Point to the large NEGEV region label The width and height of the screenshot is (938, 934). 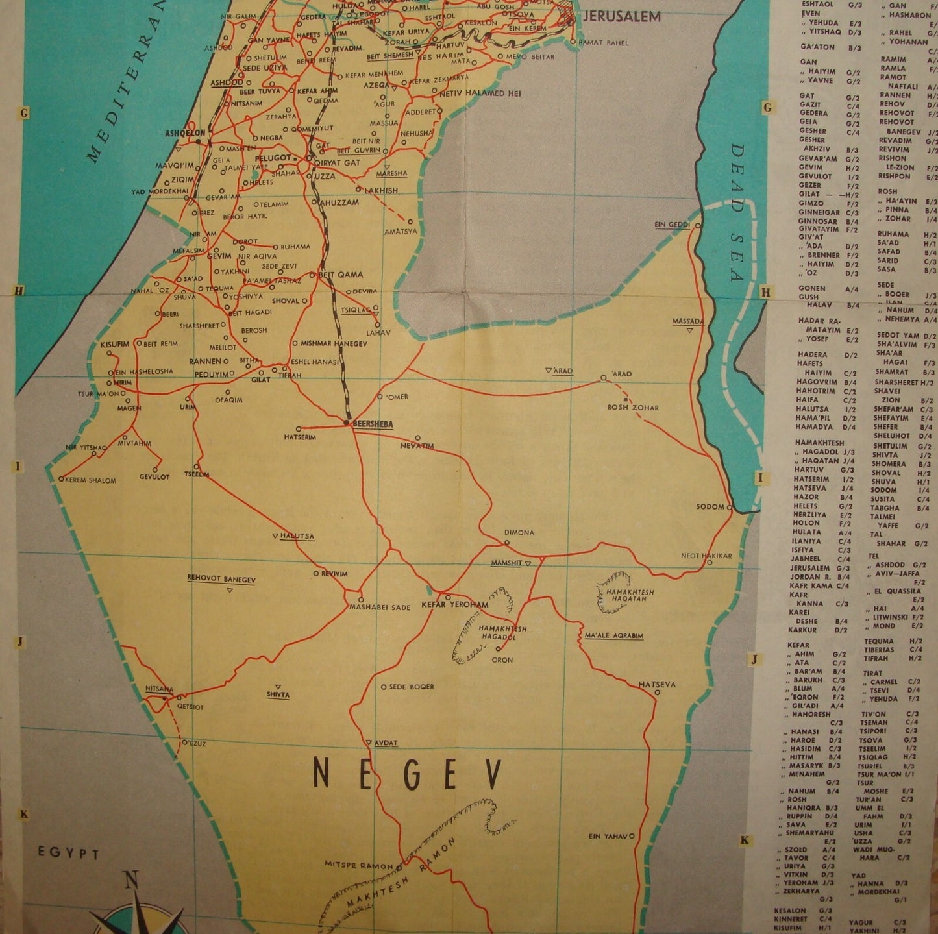point(408,774)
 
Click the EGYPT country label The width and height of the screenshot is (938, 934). point(68,854)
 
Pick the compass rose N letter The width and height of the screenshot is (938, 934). point(132,881)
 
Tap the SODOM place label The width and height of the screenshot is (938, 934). point(710,506)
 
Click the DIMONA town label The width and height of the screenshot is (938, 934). point(519,533)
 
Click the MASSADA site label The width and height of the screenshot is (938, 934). point(688,321)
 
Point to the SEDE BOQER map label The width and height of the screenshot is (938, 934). point(412,686)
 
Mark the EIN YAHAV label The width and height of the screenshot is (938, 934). point(608,836)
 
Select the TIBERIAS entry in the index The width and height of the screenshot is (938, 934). point(879,649)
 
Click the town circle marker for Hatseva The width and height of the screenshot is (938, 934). point(657,693)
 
